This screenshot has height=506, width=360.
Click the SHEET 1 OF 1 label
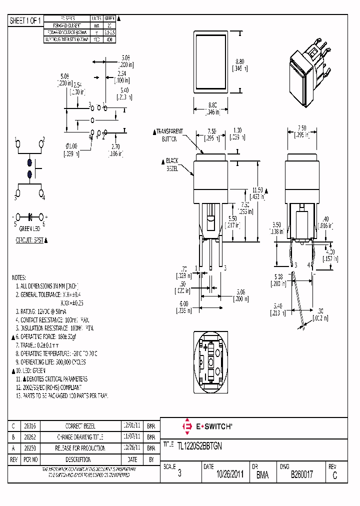(x=25, y=21)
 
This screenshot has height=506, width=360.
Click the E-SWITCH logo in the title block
(x=207, y=426)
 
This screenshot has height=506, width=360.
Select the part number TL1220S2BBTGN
(x=200, y=444)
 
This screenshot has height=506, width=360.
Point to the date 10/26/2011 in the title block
(x=223, y=474)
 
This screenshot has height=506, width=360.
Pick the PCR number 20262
(x=29, y=437)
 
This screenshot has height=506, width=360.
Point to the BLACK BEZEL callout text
(x=172, y=164)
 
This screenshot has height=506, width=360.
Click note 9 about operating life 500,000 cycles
(x=50, y=361)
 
